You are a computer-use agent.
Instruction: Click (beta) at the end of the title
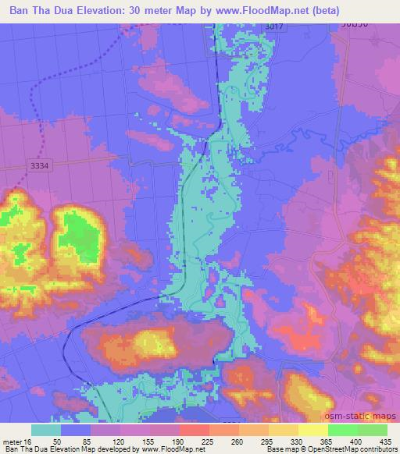pos(370,11)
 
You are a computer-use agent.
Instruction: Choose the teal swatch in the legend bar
pos(45,429)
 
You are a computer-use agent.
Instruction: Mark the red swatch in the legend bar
pos(195,429)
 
